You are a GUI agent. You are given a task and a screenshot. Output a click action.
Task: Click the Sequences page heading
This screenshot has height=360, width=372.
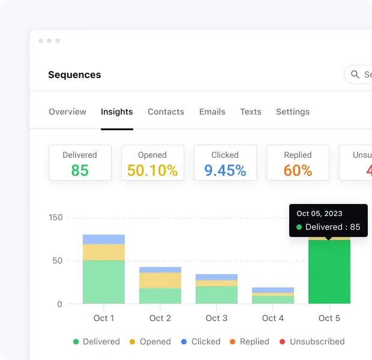pyautogui.click(x=74, y=75)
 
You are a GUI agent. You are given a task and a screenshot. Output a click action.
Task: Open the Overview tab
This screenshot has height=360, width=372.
pyautogui.click(x=67, y=112)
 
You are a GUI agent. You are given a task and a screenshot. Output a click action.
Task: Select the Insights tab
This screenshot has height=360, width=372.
pyautogui.click(x=117, y=112)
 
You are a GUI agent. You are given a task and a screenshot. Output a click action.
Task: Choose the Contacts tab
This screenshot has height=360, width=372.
pyautogui.click(x=166, y=112)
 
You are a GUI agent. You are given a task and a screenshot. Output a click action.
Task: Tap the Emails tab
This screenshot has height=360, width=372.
pyautogui.click(x=212, y=112)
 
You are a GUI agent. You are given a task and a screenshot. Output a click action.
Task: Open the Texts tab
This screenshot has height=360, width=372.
pyautogui.click(x=251, y=112)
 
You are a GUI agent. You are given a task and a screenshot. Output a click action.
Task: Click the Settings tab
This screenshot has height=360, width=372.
pyautogui.click(x=293, y=112)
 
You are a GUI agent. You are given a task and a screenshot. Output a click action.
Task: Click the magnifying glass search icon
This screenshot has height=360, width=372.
pyautogui.click(x=355, y=75)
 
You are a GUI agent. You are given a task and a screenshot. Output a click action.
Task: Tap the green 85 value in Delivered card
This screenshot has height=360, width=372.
pyautogui.click(x=80, y=170)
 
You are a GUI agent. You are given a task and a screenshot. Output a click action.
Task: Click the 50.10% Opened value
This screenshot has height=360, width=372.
pyautogui.click(x=152, y=170)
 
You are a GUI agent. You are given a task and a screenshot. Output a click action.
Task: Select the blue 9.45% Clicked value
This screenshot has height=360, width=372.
pyautogui.click(x=225, y=170)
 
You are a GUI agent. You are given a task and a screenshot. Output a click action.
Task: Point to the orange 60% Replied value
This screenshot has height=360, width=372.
pyautogui.click(x=298, y=170)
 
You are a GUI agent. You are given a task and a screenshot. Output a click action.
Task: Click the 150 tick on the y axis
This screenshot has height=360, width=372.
pyautogui.click(x=56, y=218)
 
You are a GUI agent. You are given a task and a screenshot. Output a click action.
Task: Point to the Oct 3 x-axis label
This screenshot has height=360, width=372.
pyautogui.click(x=217, y=318)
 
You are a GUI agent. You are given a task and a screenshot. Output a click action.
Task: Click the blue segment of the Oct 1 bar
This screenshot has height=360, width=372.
pyautogui.click(x=104, y=239)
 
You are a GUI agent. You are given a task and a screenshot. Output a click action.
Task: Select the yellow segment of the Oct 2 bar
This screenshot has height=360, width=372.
pyautogui.click(x=160, y=280)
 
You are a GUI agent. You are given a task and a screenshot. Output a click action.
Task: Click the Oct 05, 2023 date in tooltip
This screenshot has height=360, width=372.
pyautogui.click(x=319, y=214)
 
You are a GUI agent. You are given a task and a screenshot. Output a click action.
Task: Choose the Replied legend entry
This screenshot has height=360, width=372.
pyautogui.click(x=249, y=341)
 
